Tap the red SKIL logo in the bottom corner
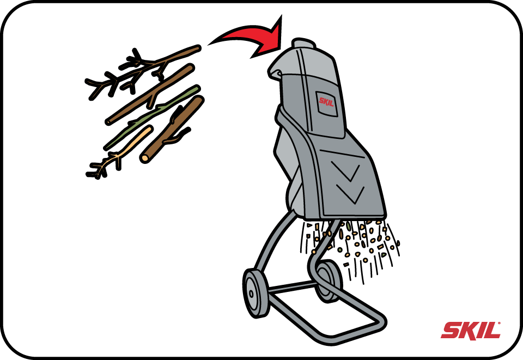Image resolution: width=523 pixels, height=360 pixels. pos(470,331)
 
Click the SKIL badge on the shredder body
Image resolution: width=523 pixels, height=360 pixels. pos(326,102)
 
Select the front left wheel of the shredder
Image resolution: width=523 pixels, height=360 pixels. pos(256,293)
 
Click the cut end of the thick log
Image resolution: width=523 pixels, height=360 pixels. pos(145,158)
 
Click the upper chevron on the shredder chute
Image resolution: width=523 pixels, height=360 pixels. pos(346,170)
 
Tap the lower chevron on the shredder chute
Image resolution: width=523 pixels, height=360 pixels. pos(350,194)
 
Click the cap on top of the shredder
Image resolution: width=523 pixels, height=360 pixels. pos(303,44)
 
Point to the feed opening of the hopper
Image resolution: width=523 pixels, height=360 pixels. pos(275,71)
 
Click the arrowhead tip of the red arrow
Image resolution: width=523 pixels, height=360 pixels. pos(281,16)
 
